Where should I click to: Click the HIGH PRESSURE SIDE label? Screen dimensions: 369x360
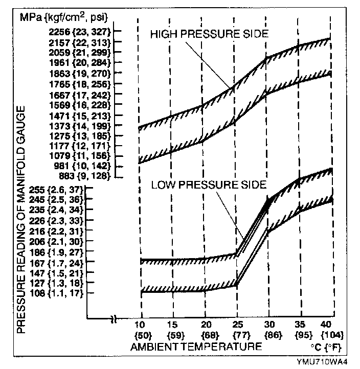(209, 34)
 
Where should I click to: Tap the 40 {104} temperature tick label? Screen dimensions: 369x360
(332, 330)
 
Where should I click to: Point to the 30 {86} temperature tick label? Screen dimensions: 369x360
(269, 330)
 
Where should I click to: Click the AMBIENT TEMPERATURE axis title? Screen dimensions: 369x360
(196, 347)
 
